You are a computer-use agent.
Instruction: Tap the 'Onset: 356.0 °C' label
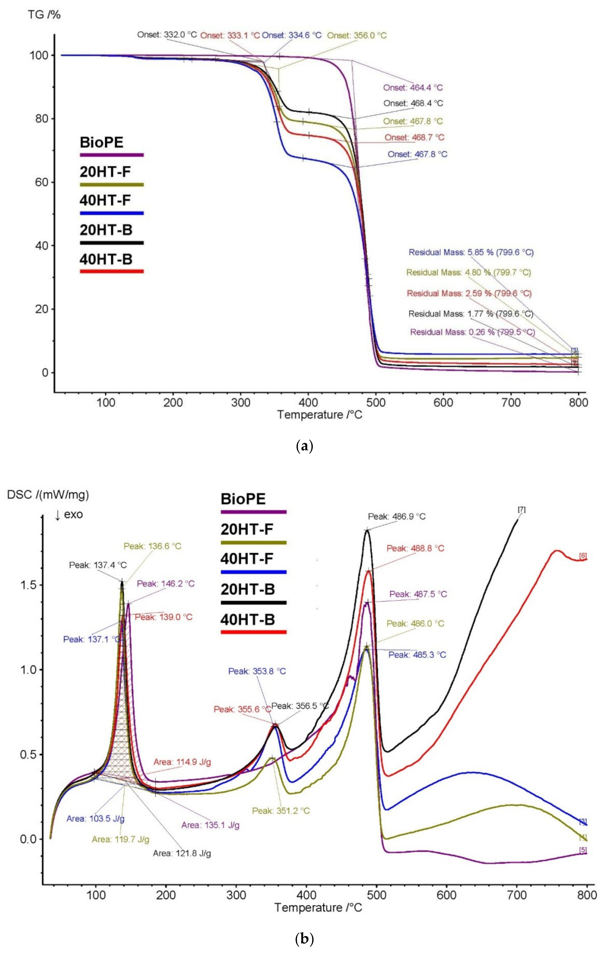coord(356,35)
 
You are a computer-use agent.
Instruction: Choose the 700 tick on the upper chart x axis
coord(511,402)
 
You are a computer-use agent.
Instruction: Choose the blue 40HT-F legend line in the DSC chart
coord(253,572)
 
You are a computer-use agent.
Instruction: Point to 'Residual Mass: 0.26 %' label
coord(472,332)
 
